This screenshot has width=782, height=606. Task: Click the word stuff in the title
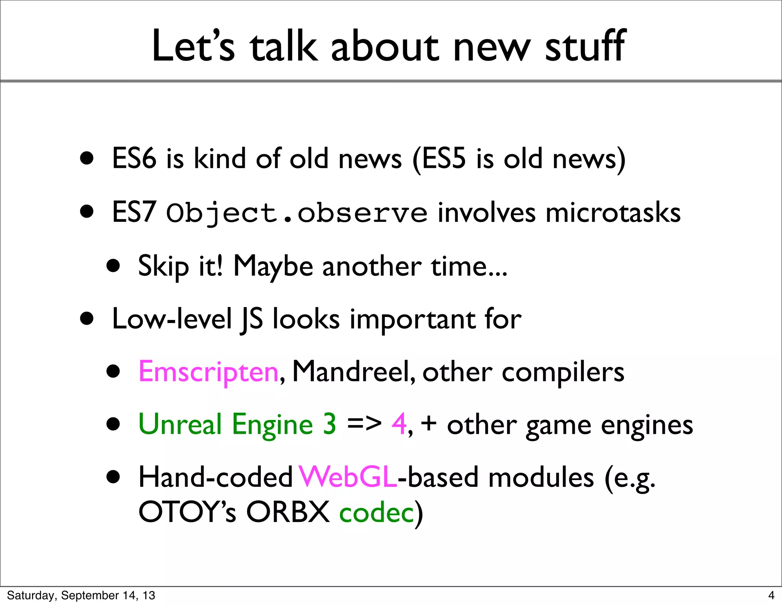click(x=585, y=47)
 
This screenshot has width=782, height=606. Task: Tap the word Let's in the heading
click(x=193, y=47)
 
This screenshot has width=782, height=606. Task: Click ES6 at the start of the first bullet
click(x=134, y=158)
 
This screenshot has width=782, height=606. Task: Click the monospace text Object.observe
click(x=297, y=213)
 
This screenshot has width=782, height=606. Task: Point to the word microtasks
click(x=613, y=213)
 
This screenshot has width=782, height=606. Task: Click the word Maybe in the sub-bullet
click(x=273, y=266)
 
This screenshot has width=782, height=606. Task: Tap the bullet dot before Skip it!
click(x=113, y=266)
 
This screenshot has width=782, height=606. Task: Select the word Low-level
click(x=172, y=319)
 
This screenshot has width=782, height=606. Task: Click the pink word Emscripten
click(x=208, y=372)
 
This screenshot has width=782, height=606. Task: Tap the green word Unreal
click(x=180, y=424)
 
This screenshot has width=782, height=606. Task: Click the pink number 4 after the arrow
click(x=399, y=424)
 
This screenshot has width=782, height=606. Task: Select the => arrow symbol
click(x=364, y=424)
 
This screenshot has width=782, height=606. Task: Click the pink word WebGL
click(x=348, y=477)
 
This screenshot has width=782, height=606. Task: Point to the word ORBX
click(x=288, y=512)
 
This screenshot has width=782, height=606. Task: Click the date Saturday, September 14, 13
click(x=81, y=595)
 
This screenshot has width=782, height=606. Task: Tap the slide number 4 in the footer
click(x=771, y=595)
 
